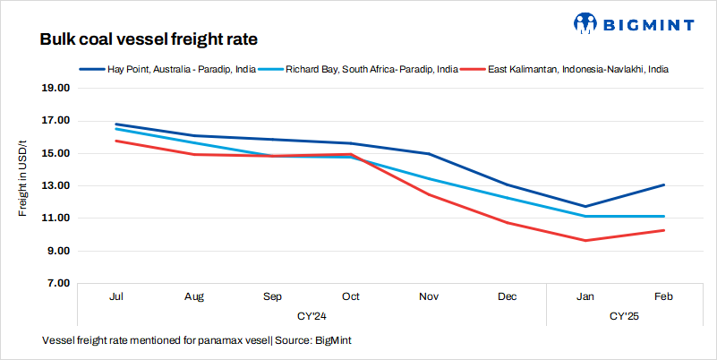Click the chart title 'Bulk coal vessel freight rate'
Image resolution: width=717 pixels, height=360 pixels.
(149, 40)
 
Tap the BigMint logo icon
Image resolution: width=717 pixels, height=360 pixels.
(585, 21)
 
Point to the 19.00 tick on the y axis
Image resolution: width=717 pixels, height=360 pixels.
(56, 89)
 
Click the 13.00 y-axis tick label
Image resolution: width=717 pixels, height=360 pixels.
(56, 186)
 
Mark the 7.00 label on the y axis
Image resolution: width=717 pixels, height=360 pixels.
(59, 284)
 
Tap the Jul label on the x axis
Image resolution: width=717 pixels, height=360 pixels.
(116, 296)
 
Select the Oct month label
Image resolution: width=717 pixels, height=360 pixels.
(350, 296)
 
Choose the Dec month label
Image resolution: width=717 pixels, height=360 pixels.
(507, 296)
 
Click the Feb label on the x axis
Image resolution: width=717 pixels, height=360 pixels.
(663, 296)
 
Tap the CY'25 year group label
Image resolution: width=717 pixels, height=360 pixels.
(624, 316)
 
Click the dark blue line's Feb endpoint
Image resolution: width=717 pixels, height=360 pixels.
(663, 184)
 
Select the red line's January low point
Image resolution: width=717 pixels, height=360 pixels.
(585, 240)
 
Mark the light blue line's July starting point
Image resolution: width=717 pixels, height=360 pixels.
(116, 129)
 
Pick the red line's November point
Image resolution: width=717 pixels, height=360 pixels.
(429, 194)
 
